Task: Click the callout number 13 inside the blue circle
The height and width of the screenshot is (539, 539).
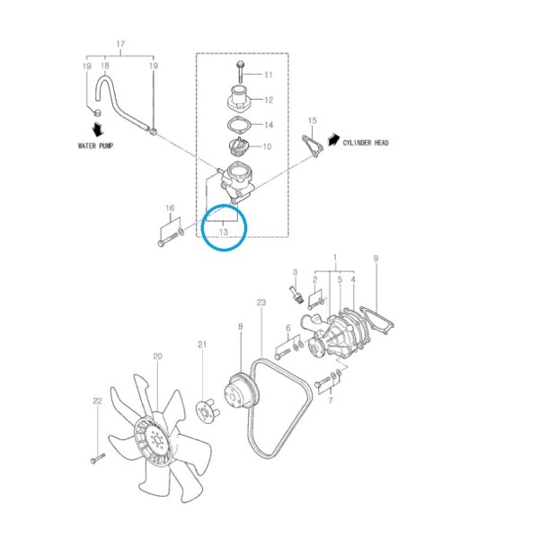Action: coord(224,232)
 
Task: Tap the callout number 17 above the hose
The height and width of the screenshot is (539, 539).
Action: coord(120,44)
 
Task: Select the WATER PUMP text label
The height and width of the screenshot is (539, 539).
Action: coord(95,146)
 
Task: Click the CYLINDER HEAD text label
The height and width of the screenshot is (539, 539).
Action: coord(366,143)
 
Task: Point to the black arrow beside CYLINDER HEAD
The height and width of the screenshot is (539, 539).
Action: coord(334,139)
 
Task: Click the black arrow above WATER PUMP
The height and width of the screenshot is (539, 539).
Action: coord(98,129)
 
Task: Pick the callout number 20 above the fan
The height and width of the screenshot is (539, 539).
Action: coord(157,357)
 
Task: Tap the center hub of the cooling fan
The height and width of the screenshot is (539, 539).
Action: coord(156,440)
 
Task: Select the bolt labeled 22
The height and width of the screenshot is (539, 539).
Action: coord(98,458)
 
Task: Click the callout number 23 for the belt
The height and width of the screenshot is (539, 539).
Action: coord(261,303)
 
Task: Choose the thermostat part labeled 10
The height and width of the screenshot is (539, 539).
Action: coord(238,146)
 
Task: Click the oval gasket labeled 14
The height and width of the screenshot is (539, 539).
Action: coord(240,125)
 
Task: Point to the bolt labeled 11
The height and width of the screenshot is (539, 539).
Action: coord(240,72)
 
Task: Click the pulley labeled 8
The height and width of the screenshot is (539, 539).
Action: coord(242,392)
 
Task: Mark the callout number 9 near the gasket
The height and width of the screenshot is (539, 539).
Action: coord(376,259)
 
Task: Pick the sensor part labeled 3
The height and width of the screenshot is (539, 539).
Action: coord(296,294)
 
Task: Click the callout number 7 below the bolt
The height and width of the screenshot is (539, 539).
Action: coord(331,401)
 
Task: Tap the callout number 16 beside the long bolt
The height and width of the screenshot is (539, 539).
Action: coord(170,208)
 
